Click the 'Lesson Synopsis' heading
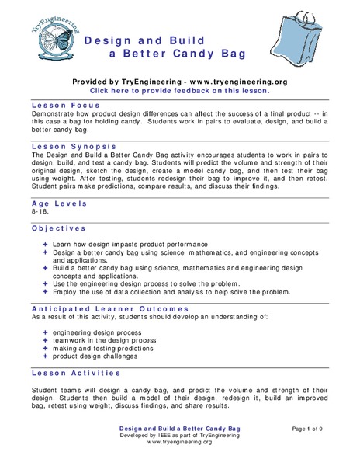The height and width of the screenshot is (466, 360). (x=74, y=145)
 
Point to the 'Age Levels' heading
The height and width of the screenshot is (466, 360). (x=60, y=203)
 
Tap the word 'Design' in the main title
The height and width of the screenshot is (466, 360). (x=108, y=39)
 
